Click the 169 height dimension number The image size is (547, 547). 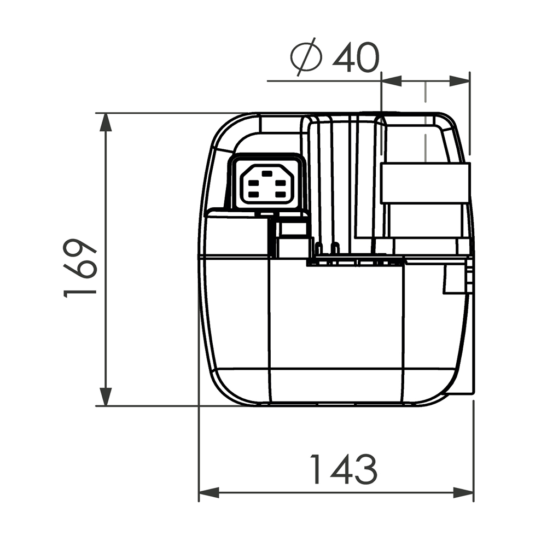(81, 267)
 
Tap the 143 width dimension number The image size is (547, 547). (344, 469)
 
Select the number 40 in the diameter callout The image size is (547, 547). (355, 58)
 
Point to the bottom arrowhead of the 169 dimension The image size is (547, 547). (106, 397)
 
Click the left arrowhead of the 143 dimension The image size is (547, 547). (208, 493)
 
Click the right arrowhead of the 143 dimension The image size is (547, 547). (464, 493)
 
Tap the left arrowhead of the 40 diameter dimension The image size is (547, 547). (391, 81)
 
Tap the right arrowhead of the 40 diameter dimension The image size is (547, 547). (460, 81)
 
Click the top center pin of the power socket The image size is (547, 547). (267, 173)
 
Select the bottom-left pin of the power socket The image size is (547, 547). (253, 195)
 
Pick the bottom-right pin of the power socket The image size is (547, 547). (280, 195)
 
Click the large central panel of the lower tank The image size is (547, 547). (336, 328)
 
